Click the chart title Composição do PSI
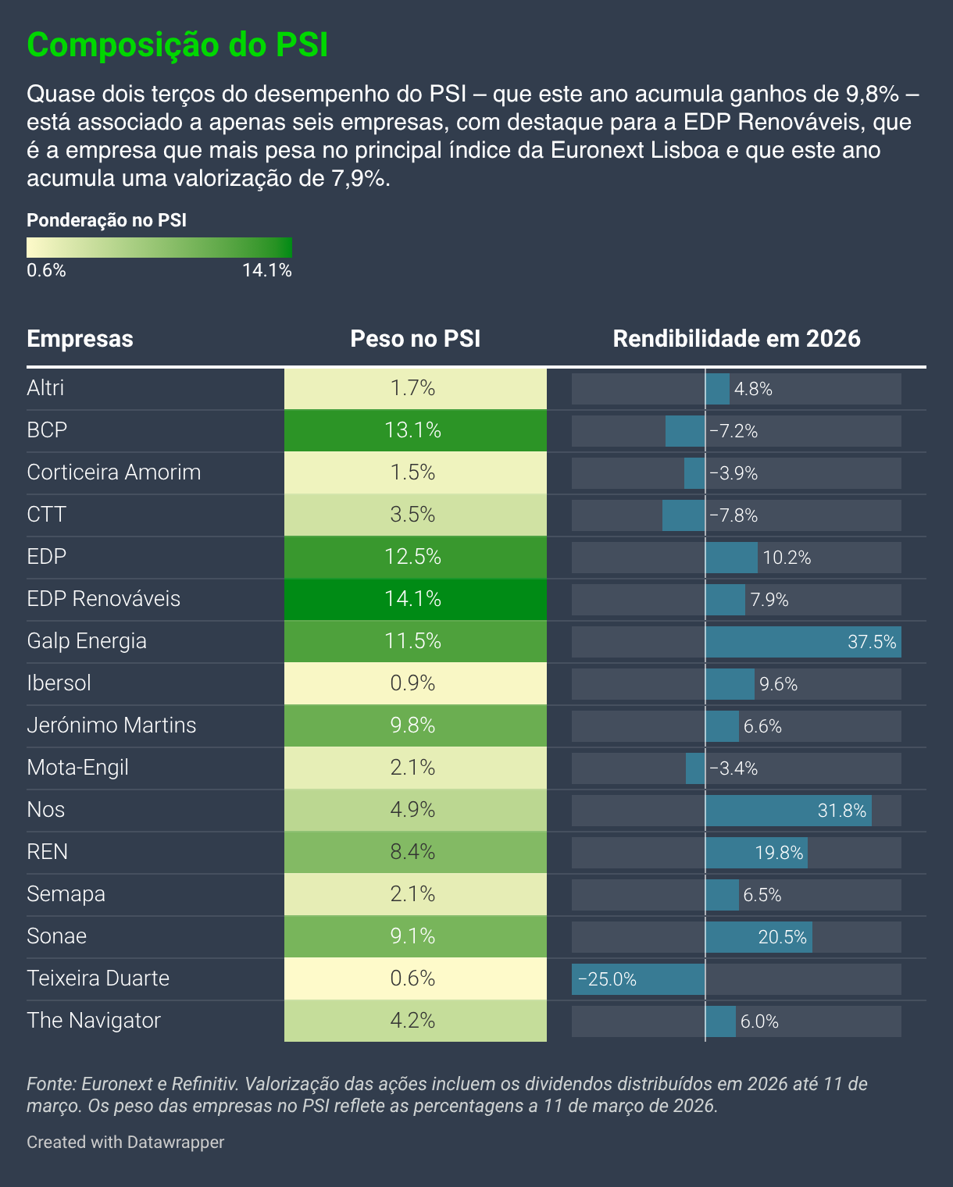click(x=177, y=45)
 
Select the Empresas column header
click(x=80, y=339)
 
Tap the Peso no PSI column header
click(x=415, y=339)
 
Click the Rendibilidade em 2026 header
click(x=736, y=339)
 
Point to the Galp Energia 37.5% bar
click(x=803, y=642)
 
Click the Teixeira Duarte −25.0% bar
click(x=638, y=979)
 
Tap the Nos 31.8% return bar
click(x=788, y=811)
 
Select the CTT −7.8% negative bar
click(x=684, y=515)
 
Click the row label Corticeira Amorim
click(x=114, y=472)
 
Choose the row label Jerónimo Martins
click(x=112, y=725)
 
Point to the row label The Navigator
click(x=94, y=1021)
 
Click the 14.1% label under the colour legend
click(x=267, y=271)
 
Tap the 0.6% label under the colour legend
click(x=46, y=271)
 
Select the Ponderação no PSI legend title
click(x=106, y=220)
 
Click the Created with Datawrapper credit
click(x=125, y=1142)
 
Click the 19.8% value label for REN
click(x=779, y=853)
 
